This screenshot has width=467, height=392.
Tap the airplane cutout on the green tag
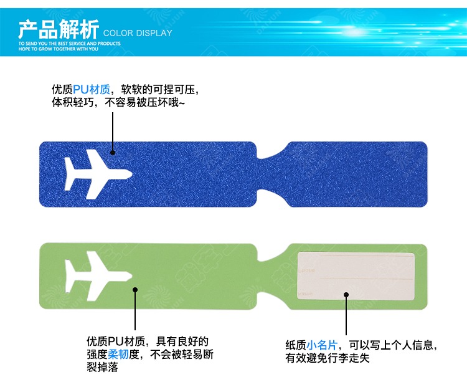click(97, 274)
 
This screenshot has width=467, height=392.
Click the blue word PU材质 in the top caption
click(91, 89)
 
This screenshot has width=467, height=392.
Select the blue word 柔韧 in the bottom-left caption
click(118, 355)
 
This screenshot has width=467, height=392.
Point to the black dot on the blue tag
click(113, 151)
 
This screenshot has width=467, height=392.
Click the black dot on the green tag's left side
click(134, 289)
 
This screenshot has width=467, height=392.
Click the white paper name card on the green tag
click(357, 276)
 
